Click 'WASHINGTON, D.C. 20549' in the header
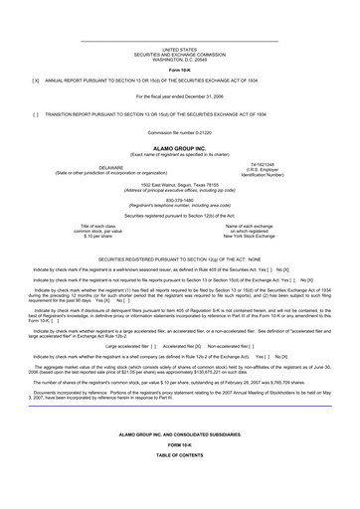(x=179, y=59)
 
